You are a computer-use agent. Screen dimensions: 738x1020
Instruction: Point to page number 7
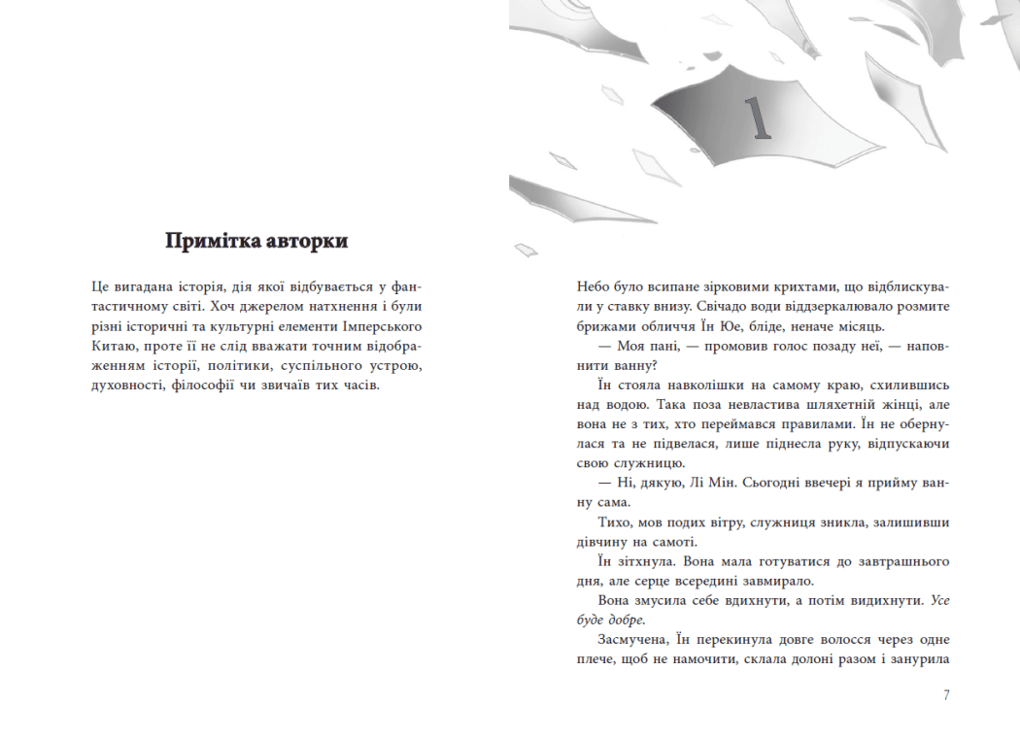pyautogui.click(x=945, y=695)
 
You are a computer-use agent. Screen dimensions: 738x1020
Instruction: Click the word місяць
pyautogui.click(x=857, y=326)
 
